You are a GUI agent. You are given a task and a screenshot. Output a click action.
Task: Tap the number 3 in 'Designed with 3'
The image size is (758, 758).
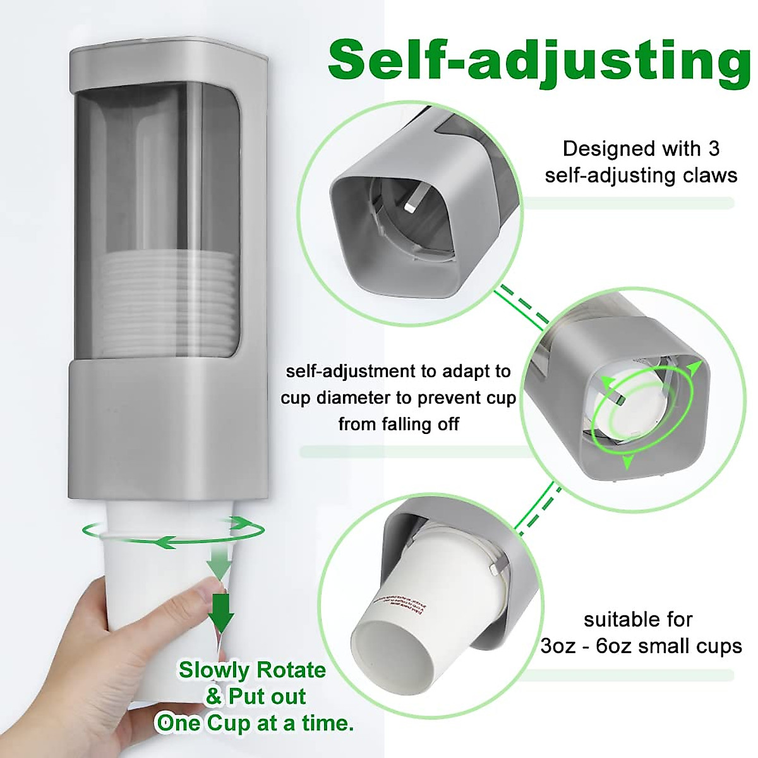point(713,149)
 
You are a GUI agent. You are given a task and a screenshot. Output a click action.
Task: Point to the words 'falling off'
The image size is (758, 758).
point(399,424)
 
